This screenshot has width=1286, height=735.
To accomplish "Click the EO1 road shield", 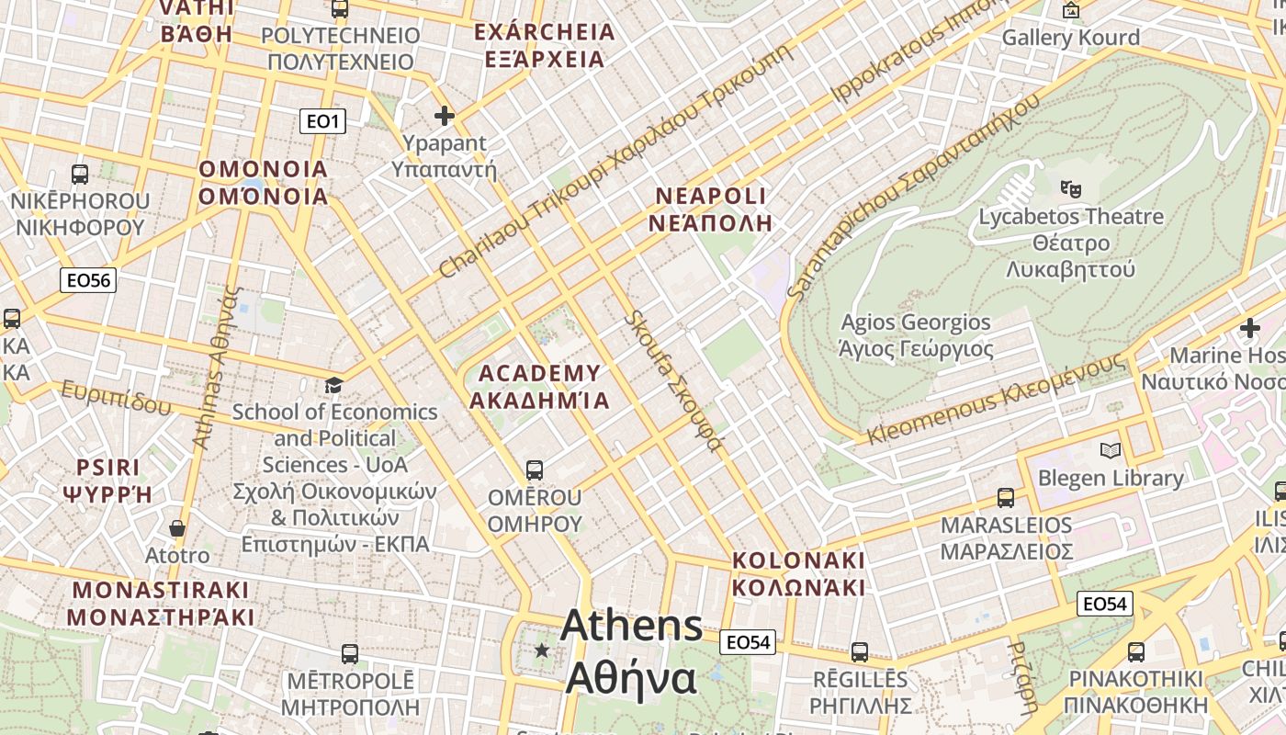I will click(x=322, y=120).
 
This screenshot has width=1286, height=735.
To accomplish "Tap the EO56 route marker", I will click(x=88, y=280).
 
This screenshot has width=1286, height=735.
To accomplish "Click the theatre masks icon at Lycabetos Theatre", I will click(x=1070, y=188).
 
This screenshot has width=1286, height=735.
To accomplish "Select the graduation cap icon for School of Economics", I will click(x=333, y=385).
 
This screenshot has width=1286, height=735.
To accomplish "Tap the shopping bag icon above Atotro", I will click(x=177, y=528).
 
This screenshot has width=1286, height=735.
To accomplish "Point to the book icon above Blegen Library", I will click(x=1111, y=450).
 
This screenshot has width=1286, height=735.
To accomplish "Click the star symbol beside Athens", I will click(x=542, y=650).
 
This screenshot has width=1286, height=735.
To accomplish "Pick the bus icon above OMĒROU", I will click(x=534, y=470).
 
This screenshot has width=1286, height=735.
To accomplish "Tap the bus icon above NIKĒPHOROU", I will click(x=80, y=174).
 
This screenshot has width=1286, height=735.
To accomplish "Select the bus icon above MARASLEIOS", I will click(x=1006, y=498).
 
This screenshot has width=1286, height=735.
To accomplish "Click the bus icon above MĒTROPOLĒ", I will click(x=349, y=654).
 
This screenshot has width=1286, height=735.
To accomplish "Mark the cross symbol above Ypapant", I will click(x=445, y=116).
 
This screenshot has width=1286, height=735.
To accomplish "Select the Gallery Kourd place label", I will click(x=1070, y=38).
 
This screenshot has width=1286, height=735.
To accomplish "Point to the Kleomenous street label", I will click(x=996, y=399).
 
